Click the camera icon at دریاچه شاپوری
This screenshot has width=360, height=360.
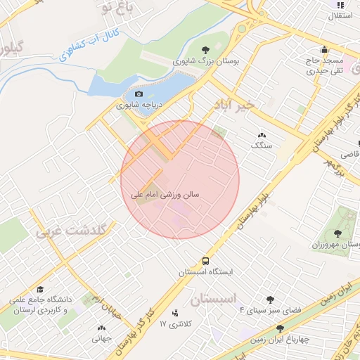(x=139, y=94)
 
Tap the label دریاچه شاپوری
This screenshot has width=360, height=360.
(x=139, y=105)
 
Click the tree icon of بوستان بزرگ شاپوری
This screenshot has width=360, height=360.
(x=205, y=50)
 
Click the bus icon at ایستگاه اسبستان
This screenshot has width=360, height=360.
(x=205, y=260)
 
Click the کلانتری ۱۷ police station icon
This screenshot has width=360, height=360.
(x=174, y=313)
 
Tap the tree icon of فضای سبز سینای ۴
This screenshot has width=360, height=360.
(x=270, y=299)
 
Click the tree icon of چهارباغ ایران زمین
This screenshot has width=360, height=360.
(x=280, y=328)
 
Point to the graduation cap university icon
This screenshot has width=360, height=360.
(x=40, y=290)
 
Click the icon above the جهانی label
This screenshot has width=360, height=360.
(x=101, y=328)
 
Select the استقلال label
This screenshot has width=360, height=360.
(x=340, y=15)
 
